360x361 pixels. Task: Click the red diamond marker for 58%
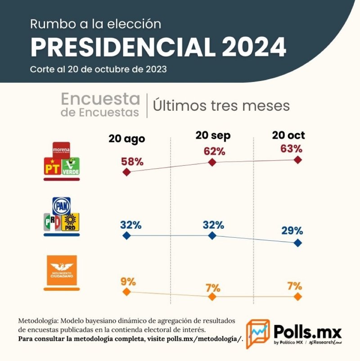click(x=126, y=172)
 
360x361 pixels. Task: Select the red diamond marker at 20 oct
click(x=297, y=160)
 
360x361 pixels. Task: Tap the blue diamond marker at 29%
click(x=297, y=243)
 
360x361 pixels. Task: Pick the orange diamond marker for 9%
click(x=126, y=292)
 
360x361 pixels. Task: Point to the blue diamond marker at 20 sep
click(x=212, y=235)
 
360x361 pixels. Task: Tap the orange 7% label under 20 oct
click(x=292, y=286)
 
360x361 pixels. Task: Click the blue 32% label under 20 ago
click(x=131, y=224)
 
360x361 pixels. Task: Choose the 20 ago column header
click(x=126, y=139)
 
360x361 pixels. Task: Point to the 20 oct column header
click(x=288, y=135)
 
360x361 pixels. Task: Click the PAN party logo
click(x=62, y=206)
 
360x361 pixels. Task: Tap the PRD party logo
click(x=70, y=222)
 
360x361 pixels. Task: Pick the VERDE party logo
click(x=71, y=167)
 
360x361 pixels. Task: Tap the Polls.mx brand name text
click(x=307, y=333)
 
